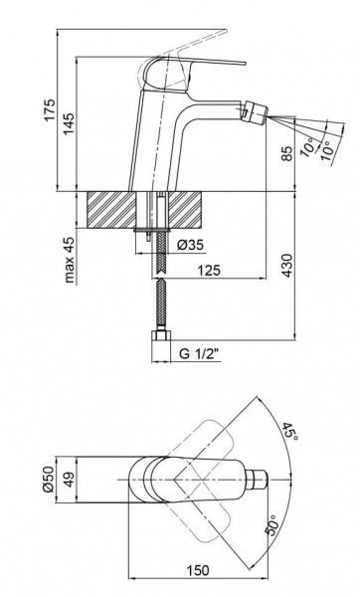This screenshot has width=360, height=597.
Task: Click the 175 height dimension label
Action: (x=50, y=110)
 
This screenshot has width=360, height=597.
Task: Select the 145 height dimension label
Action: (x=70, y=123)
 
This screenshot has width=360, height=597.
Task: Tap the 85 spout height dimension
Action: (x=288, y=153)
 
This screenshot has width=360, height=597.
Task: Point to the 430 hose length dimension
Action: (x=287, y=265)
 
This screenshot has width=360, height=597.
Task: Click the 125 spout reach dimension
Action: (x=209, y=271)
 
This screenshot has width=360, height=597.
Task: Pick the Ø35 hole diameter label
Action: (x=190, y=245)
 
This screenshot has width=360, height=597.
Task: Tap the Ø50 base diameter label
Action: (x=50, y=480)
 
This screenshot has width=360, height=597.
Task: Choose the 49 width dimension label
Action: (x=70, y=480)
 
